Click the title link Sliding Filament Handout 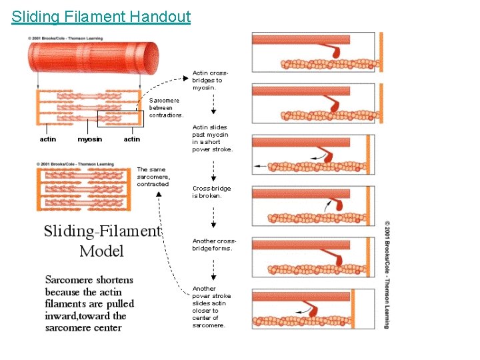[101, 17]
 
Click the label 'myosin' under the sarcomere [90, 139]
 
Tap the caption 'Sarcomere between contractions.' [165, 108]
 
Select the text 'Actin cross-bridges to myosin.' [210, 80]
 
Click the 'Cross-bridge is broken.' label [212, 192]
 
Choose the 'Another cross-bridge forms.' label [213, 245]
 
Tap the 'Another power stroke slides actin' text [212, 307]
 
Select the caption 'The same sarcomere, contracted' [153, 177]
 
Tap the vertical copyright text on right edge [387, 273]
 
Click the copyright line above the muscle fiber [65, 38]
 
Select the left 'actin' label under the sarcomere [48, 139]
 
